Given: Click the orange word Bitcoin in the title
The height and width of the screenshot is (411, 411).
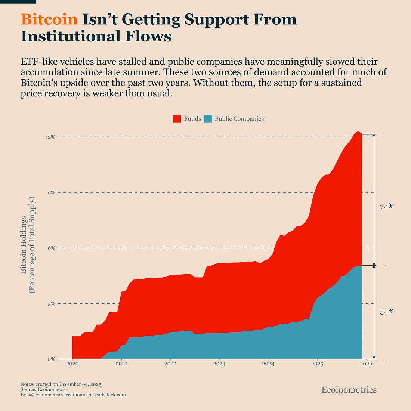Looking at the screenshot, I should (x=49, y=19).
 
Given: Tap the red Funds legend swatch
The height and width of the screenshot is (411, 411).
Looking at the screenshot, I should (x=177, y=119).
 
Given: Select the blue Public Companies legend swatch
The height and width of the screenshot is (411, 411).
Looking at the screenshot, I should (x=208, y=119).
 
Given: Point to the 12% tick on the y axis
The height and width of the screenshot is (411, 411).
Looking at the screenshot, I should (x=50, y=137).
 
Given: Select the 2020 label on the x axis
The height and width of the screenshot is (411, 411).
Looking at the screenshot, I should (x=72, y=364).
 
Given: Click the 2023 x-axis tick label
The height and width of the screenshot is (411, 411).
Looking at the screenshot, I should (x=219, y=364).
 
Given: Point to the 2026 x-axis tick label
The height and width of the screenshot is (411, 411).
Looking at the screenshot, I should (x=366, y=364).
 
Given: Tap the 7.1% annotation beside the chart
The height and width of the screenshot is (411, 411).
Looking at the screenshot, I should (x=387, y=206).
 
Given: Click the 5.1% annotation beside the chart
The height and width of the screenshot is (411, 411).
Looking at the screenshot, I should (x=387, y=312).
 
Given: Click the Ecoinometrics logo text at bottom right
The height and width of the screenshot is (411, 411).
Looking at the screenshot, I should (x=349, y=390).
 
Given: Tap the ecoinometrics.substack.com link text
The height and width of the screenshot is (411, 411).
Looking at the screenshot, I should (x=96, y=395).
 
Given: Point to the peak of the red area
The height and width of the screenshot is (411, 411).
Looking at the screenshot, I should (x=358, y=131).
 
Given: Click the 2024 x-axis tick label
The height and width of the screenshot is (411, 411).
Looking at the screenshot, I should (x=268, y=364).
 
